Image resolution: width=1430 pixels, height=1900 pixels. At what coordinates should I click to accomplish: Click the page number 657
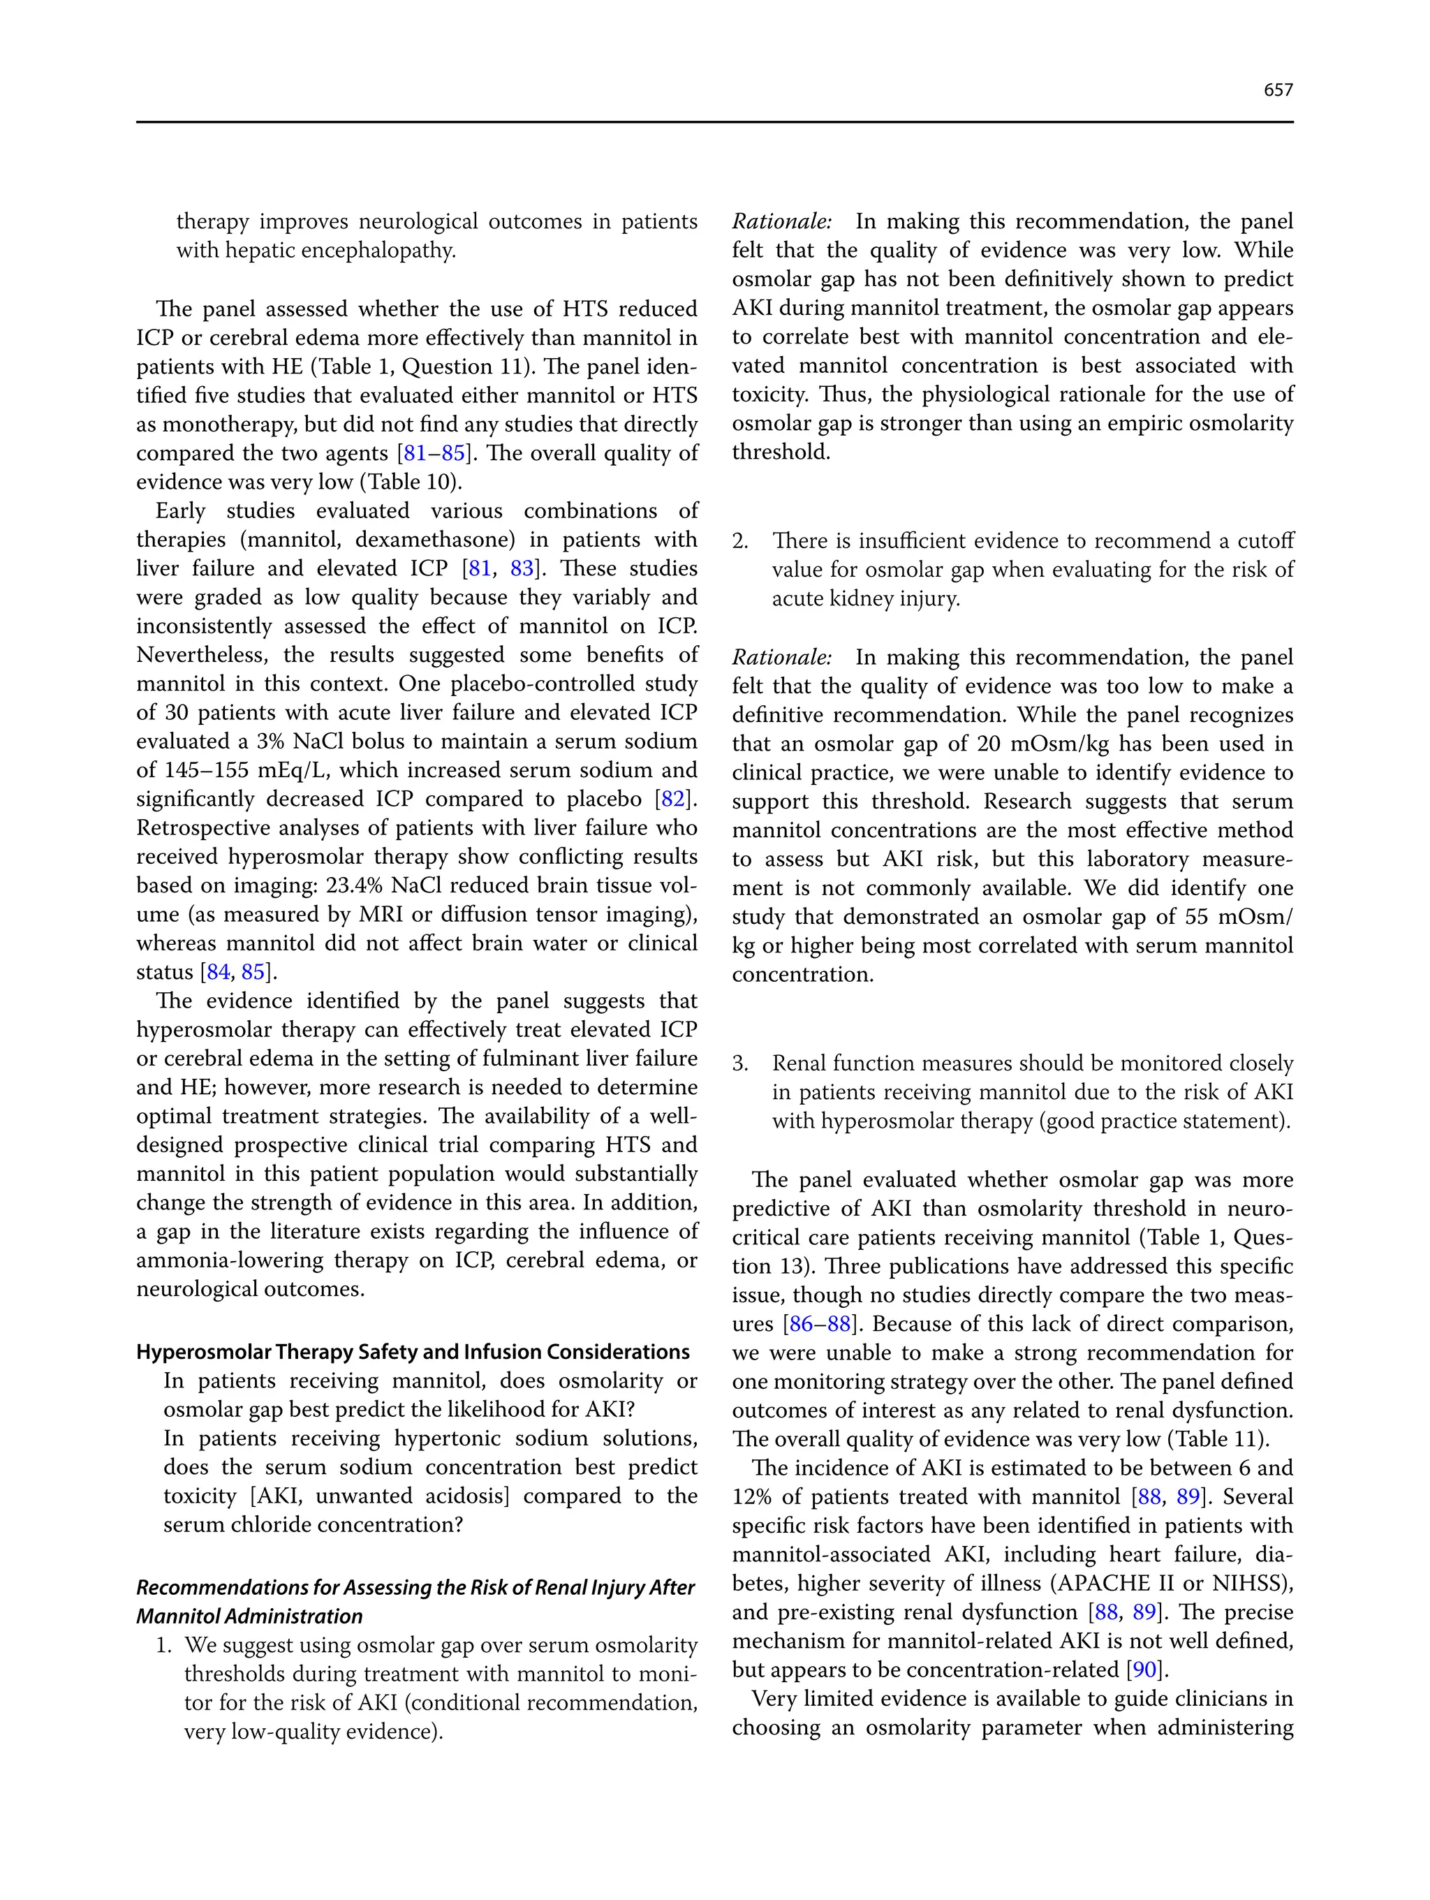pos(1278,90)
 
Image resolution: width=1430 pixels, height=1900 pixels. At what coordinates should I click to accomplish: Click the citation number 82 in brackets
pos(672,799)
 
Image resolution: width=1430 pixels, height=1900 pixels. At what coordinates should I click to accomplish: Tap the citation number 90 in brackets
pos(1145,1670)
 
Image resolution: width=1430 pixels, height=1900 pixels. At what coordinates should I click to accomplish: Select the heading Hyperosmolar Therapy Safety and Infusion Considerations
pos(412,1352)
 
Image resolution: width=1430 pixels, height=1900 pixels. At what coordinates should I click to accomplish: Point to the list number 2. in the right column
pos(740,541)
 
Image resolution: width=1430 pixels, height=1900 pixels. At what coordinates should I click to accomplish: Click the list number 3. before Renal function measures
pos(740,1063)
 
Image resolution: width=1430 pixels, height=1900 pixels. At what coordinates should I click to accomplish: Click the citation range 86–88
pos(819,1324)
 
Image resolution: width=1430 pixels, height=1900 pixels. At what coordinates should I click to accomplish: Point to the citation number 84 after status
pos(218,972)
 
